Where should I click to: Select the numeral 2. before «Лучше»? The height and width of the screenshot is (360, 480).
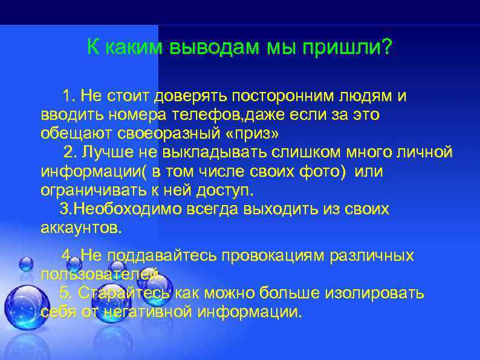pyautogui.click(x=71, y=151)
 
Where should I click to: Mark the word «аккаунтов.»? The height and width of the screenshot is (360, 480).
pyautogui.click(x=82, y=228)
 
